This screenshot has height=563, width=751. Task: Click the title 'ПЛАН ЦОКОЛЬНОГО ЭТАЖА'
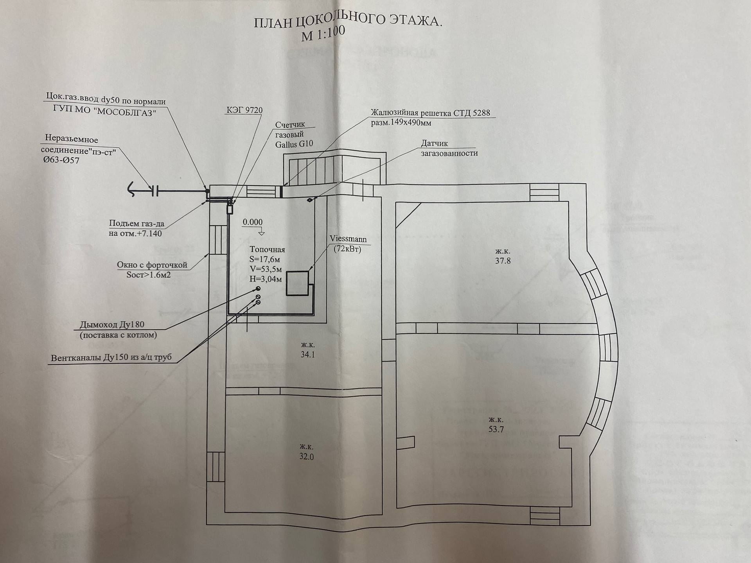coord(348,22)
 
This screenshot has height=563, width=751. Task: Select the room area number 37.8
coord(503,261)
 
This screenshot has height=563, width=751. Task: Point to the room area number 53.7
coord(496,429)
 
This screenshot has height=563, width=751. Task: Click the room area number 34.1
coord(308,355)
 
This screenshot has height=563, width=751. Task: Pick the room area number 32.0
coord(307,457)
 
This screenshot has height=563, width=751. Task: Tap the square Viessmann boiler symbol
coord(297,283)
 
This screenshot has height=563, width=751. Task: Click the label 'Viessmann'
coord(348,239)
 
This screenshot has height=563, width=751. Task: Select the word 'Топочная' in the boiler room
coord(267,249)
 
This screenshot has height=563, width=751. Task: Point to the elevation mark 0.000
coord(253,222)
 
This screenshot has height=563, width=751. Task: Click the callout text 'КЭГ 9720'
coord(244,110)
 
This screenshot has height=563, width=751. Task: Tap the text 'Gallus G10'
coord(294,144)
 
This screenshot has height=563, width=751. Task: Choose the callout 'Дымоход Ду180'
coord(112,325)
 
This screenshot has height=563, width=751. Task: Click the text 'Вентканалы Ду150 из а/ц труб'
coord(111,358)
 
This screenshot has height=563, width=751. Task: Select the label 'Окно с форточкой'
coord(152,265)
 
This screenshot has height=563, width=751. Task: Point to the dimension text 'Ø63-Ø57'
coord(62,161)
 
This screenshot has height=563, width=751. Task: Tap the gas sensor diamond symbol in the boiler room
coord(309,200)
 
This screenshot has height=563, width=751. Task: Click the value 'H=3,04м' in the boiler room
coord(266,279)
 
